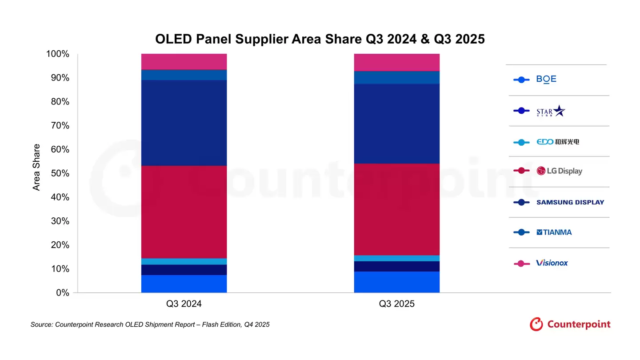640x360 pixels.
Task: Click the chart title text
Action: [320, 39]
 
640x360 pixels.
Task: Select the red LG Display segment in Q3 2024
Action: [184, 212]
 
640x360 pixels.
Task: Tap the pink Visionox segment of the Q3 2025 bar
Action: [396, 62]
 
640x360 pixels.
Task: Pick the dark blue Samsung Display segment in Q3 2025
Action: [396, 124]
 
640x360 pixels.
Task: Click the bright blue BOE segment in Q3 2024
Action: [184, 284]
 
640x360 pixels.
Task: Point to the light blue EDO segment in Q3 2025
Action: [396, 258]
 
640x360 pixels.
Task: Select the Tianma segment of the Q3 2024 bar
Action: [184, 75]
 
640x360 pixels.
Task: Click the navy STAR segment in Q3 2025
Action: [396, 266]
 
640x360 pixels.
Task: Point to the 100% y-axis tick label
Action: [57, 54]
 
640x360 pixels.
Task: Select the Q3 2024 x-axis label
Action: [184, 304]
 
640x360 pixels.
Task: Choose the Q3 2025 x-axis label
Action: [396, 304]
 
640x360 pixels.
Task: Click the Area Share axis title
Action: [36, 167]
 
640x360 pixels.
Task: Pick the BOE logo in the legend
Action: [546, 79]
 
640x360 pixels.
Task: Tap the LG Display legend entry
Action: [559, 171]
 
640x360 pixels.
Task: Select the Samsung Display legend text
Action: [570, 202]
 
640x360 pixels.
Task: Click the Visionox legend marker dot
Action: [521, 263]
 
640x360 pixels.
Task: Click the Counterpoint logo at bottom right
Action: [570, 324]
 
